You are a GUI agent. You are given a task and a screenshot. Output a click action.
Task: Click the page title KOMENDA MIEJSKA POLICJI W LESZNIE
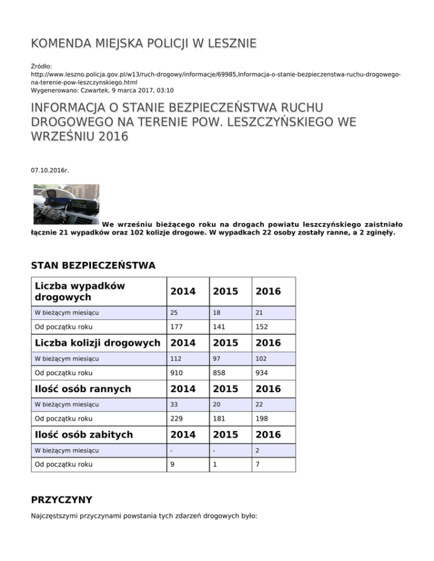pyautogui.click(x=144, y=43)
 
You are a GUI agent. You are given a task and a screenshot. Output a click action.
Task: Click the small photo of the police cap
pyautogui.click(x=66, y=204)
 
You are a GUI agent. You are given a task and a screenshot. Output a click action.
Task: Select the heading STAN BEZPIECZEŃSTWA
pyautogui.click(x=93, y=265)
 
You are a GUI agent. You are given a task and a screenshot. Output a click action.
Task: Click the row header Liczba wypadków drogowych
pyautogui.click(x=80, y=292)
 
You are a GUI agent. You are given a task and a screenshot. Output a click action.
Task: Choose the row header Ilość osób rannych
pyautogui.click(x=83, y=388)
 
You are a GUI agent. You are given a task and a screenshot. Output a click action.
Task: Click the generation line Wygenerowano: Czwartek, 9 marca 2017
pyautogui.click(x=102, y=90)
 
